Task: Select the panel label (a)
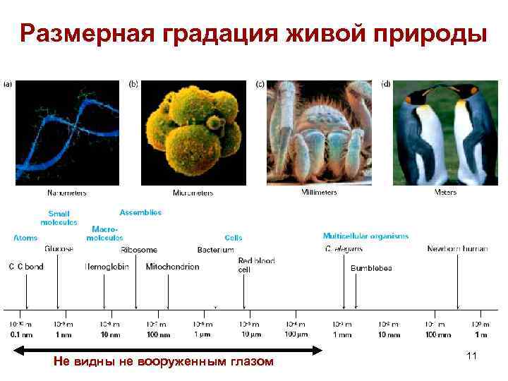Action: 8,83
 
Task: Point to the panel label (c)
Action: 260,83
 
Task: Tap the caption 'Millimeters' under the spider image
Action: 320,192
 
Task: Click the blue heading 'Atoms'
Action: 25,238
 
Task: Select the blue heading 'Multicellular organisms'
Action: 365,236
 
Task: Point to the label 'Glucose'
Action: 59,249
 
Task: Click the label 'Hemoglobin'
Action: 107,267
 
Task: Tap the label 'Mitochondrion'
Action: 172,267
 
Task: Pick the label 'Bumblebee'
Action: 371,268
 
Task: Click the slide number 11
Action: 471,357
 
